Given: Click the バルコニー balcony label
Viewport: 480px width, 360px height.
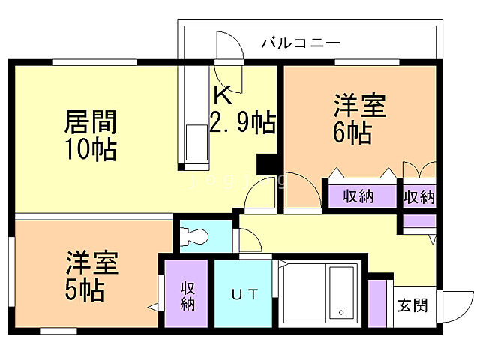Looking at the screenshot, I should (x=301, y=43).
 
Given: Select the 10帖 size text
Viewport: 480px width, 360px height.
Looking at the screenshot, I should (x=90, y=149).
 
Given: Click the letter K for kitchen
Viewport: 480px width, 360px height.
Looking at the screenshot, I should (x=223, y=95).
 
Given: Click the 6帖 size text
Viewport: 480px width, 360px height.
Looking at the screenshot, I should (x=352, y=133).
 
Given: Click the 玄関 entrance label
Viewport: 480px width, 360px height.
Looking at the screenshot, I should (x=412, y=305).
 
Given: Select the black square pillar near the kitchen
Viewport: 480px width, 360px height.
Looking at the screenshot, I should (x=267, y=164).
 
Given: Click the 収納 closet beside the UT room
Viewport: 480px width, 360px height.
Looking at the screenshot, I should (x=187, y=294).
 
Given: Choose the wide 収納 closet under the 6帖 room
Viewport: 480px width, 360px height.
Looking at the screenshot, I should (x=359, y=196).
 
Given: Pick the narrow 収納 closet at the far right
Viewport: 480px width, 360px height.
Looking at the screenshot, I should (x=419, y=196).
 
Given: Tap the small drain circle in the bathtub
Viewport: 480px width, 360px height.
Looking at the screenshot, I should (x=340, y=311).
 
